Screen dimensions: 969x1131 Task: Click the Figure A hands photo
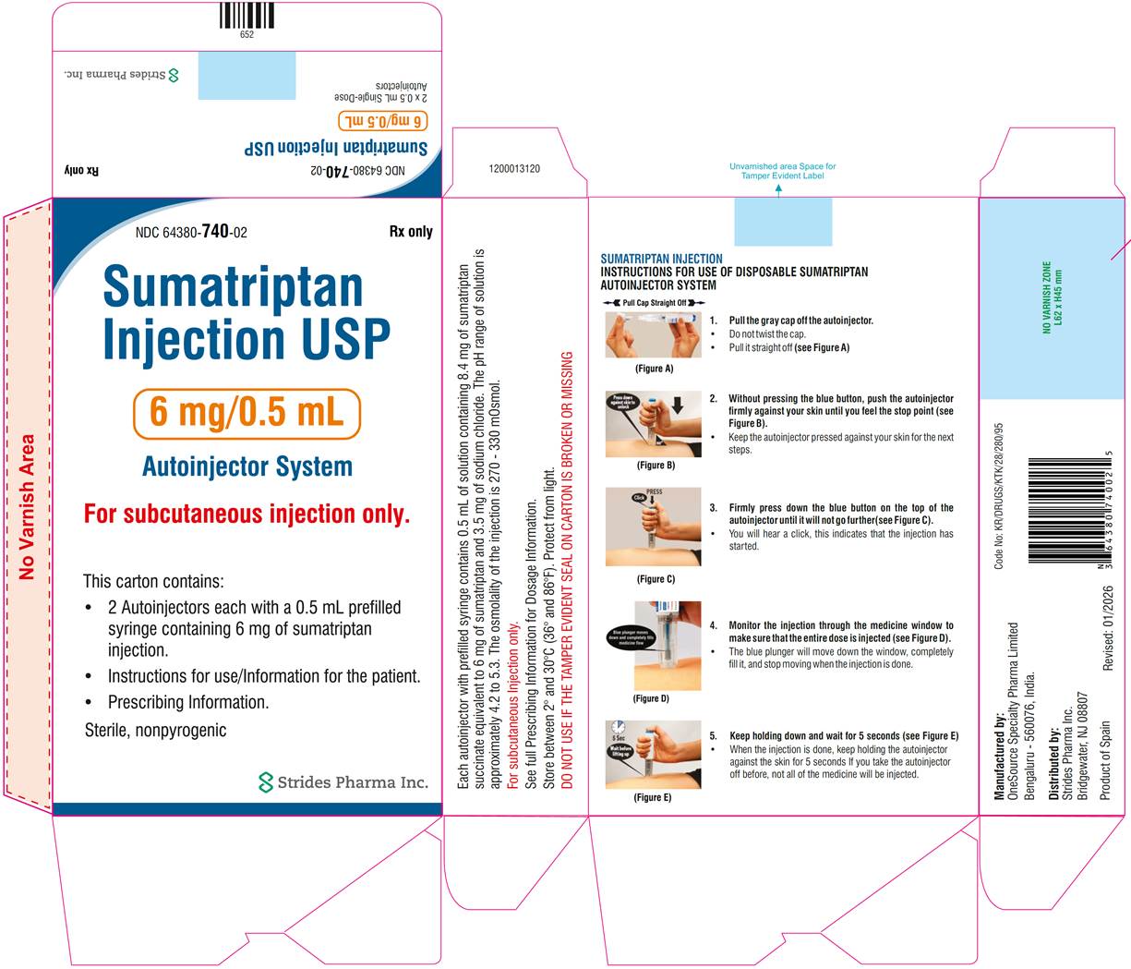click(652, 335)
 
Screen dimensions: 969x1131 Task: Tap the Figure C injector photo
click(652, 527)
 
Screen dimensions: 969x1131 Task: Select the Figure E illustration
click(652, 754)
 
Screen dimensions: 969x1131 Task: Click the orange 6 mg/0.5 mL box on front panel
click(247, 414)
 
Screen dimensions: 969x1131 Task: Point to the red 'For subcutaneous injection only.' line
click(247, 514)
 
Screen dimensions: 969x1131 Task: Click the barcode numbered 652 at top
click(247, 16)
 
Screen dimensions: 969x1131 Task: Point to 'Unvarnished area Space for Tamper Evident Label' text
click(782, 171)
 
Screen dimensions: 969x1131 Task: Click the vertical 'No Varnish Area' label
click(27, 506)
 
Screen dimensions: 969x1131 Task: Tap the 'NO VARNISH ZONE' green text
click(1053, 297)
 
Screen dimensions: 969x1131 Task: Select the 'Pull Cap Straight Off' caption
click(654, 303)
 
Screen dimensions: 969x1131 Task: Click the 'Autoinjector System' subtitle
click(247, 466)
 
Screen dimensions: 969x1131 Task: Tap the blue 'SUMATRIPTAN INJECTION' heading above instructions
click(661, 259)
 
